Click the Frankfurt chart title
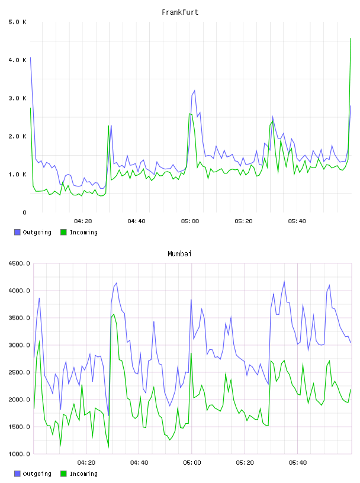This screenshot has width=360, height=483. click(x=180, y=12)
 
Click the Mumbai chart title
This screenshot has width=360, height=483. click(x=179, y=254)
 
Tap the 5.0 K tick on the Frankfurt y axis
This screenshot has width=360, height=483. click(x=18, y=22)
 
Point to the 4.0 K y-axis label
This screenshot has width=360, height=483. click(x=18, y=60)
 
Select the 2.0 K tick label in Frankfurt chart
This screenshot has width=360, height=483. click(x=18, y=137)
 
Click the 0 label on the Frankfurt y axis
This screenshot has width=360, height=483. click(x=24, y=212)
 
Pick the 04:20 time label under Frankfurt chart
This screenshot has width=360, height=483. click(x=83, y=221)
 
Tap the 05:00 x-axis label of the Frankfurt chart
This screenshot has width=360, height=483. click(x=190, y=221)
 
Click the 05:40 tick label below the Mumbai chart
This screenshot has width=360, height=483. click(x=298, y=463)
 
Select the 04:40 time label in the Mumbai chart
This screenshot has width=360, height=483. click(x=139, y=463)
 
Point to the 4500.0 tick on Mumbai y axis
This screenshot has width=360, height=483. click(x=20, y=263)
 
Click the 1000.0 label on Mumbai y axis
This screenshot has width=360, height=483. click(x=20, y=454)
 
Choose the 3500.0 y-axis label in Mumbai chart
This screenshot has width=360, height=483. click(x=20, y=318)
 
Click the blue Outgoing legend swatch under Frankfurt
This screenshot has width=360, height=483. click(x=17, y=232)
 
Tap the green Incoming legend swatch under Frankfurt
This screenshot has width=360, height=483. click(x=63, y=232)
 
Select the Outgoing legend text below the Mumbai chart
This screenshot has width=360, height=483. click(x=37, y=474)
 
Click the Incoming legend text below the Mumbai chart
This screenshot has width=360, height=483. click(x=83, y=474)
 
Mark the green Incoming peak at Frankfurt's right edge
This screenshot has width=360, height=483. click(x=351, y=38)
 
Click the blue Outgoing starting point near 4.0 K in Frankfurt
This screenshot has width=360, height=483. click(x=30, y=57)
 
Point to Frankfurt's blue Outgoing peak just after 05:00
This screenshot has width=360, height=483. click(x=194, y=91)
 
